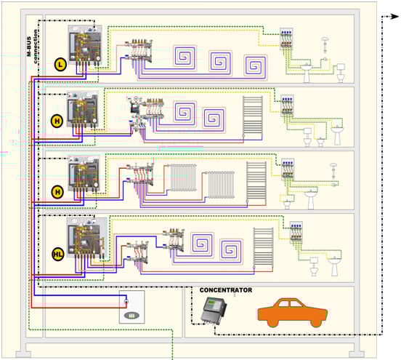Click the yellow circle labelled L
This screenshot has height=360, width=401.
click(x=60, y=65)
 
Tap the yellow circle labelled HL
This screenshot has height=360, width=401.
click(x=58, y=255)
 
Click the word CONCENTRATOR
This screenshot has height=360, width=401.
click(x=226, y=290)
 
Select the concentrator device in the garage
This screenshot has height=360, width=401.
click(x=214, y=311)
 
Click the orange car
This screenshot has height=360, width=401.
click(x=293, y=313)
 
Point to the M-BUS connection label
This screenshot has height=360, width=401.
click(x=32, y=47)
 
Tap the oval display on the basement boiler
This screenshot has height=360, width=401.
click(x=131, y=316)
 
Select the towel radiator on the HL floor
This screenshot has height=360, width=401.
click(x=263, y=247)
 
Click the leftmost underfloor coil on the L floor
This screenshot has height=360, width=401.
click(x=185, y=57)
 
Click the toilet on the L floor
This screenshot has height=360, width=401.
click(x=341, y=73)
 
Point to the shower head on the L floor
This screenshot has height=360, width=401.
click(x=325, y=45)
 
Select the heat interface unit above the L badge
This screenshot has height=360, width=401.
click(x=85, y=45)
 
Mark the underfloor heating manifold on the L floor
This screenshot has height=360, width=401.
click(x=138, y=51)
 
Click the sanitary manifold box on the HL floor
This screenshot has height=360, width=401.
click(x=296, y=232)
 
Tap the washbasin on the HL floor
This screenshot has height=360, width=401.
click(x=334, y=265)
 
